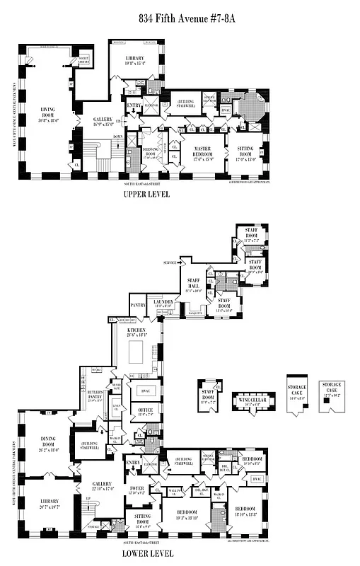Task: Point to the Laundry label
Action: [x=163, y=303]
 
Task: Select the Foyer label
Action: [x=136, y=490]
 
